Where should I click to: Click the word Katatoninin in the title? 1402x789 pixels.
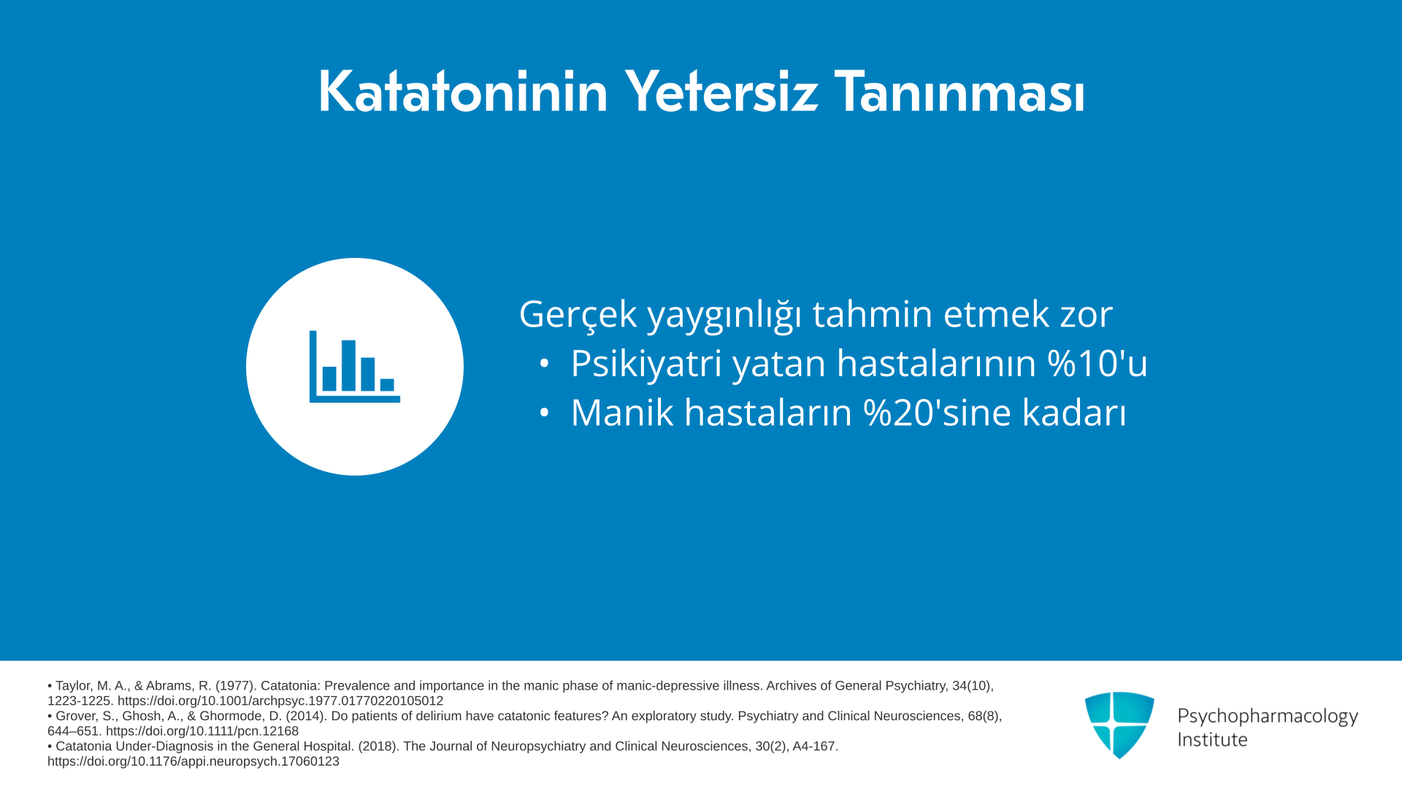click(463, 92)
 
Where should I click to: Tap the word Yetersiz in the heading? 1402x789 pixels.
click(721, 92)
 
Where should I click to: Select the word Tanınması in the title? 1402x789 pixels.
click(959, 92)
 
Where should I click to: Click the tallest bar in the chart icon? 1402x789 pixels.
click(348, 365)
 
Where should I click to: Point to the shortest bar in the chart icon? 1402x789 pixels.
click(387, 385)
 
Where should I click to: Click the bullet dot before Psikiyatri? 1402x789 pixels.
click(543, 363)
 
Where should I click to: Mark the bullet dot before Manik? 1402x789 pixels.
click(543, 413)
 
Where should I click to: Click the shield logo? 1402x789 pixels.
click(1119, 725)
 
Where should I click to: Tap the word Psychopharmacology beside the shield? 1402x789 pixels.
click(1268, 716)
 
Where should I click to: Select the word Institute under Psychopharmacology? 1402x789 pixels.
click(1213, 740)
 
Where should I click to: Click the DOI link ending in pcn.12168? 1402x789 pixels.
click(202, 731)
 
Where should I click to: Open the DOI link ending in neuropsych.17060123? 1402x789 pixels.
click(194, 761)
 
